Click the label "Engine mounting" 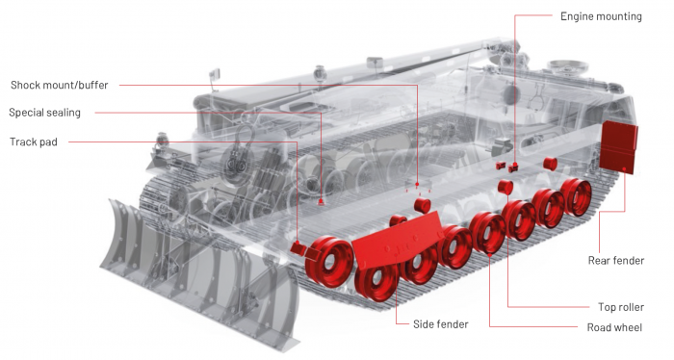[x=601, y=16]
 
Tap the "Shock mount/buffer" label [x=60, y=85]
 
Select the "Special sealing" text [x=44, y=113]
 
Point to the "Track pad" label [x=34, y=141]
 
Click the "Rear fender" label [x=616, y=260]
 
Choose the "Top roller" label [x=621, y=307]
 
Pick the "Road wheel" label [x=614, y=327]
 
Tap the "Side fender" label [x=441, y=324]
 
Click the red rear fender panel [x=618, y=147]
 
